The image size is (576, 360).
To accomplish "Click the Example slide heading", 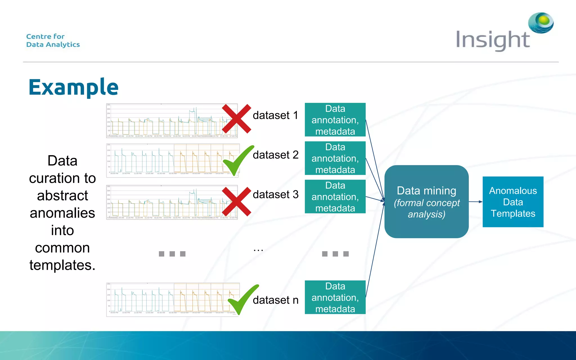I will coord(73,87).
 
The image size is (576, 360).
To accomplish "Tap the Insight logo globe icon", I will coord(541,22).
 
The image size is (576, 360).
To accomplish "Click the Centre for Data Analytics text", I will coord(53,40).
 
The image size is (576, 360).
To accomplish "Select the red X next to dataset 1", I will coord(236,119).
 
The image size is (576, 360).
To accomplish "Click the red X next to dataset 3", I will coord(236,201).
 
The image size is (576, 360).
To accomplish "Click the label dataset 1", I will coord(275,115).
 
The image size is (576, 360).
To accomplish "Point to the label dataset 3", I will coord(275,195).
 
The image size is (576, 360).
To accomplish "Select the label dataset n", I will coord(275,300).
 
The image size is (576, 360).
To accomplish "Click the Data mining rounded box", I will coord(426,201).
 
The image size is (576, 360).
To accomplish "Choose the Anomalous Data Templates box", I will coord(513,202).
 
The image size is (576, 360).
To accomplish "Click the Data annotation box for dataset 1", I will coord(335,120).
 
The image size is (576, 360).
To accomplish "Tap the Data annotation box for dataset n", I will coord(335,297).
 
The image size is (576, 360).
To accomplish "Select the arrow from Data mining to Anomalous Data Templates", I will coord(475,202).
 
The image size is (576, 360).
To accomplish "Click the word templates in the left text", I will coord(62,265).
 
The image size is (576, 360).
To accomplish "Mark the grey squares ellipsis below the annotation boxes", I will coord(335,254).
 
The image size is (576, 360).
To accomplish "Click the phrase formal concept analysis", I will coord(426,208).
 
